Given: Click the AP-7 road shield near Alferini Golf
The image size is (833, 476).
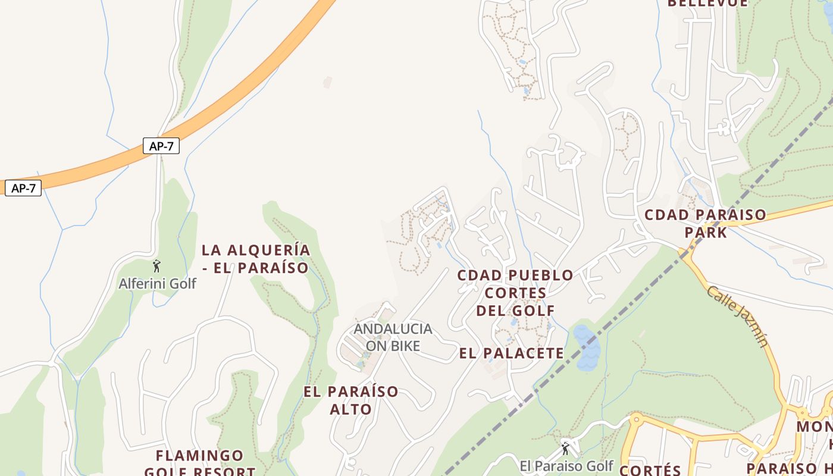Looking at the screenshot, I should click(x=161, y=146).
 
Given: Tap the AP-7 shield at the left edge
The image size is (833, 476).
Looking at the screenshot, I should click(x=23, y=189).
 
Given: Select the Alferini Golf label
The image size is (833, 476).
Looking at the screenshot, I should click(x=157, y=284).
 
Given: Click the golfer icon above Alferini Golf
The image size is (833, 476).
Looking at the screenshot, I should click(x=157, y=266).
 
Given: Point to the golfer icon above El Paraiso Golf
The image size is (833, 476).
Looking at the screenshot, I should click(x=565, y=448).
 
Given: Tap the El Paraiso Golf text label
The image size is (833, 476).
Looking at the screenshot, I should click(x=566, y=466).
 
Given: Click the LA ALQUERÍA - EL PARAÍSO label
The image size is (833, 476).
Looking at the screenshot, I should click(x=256, y=259).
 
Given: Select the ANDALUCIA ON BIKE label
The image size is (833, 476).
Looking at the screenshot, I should click(x=393, y=337).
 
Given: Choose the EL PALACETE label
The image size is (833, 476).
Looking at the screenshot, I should click(x=512, y=353).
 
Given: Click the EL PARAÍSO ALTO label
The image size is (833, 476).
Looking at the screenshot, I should click(x=351, y=400).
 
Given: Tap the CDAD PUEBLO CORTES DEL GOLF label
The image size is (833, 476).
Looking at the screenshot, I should click(x=515, y=293).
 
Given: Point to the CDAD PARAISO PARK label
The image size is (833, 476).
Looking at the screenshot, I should click(x=706, y=223).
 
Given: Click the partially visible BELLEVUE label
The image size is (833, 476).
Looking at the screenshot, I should click(x=707, y=4).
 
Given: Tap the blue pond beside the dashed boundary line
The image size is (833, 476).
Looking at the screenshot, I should click(x=587, y=349).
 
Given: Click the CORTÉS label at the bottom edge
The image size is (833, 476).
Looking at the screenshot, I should click(x=650, y=470).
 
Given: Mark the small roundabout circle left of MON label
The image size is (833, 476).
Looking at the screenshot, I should click(x=803, y=412).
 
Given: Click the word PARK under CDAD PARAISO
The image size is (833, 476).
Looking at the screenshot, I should click(x=706, y=232).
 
